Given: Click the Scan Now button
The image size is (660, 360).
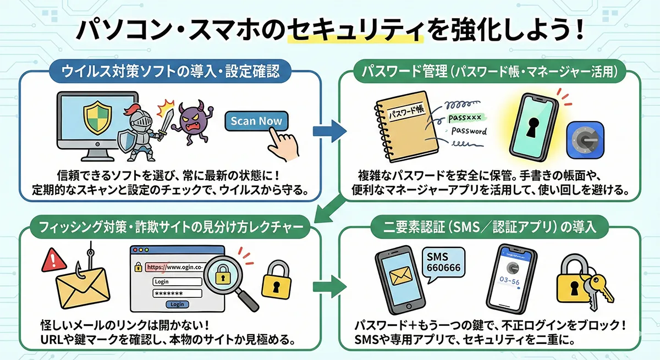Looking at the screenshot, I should click(256, 121).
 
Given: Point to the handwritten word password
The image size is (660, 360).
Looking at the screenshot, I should click(469, 131).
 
